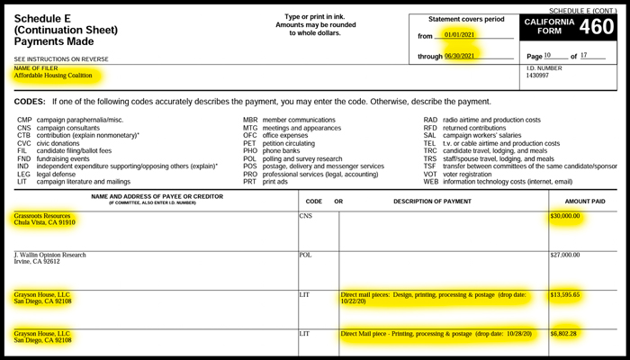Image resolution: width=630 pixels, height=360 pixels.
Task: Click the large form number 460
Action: [x=597, y=28]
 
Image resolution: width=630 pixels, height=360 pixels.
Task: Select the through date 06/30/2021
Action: [x=465, y=56]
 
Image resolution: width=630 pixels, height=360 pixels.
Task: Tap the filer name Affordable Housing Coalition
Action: [x=58, y=76]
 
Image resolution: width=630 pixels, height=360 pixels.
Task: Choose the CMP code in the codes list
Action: [x=23, y=119]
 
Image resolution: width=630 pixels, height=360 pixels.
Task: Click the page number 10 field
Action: [x=553, y=55]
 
